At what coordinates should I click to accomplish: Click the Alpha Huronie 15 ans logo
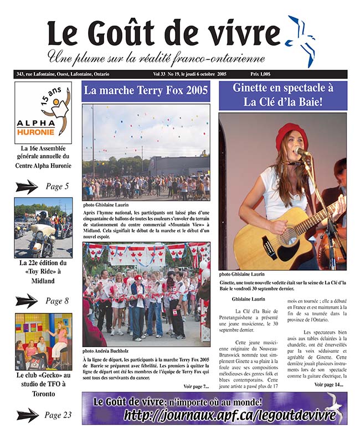tap(43, 113)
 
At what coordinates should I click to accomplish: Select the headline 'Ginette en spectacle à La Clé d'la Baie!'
tap(282, 95)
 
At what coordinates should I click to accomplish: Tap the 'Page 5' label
tap(57, 187)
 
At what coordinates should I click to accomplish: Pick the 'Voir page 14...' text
tap(328, 384)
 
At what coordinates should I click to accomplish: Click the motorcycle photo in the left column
tap(43, 228)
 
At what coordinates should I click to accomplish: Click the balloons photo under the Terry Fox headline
tap(146, 152)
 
